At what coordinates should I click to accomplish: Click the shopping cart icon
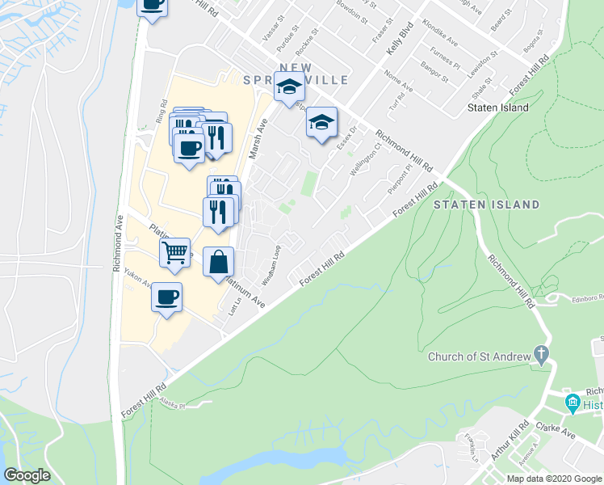click(174, 253)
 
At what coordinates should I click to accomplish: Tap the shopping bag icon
click(218, 262)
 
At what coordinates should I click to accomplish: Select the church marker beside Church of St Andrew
click(541, 354)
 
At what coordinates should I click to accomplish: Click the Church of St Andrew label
click(479, 356)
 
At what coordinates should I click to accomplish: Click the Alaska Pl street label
click(172, 406)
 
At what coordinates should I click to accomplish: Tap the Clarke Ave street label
click(557, 430)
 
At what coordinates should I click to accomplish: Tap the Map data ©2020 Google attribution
click(554, 479)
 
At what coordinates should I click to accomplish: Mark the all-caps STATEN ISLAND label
click(486, 205)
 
